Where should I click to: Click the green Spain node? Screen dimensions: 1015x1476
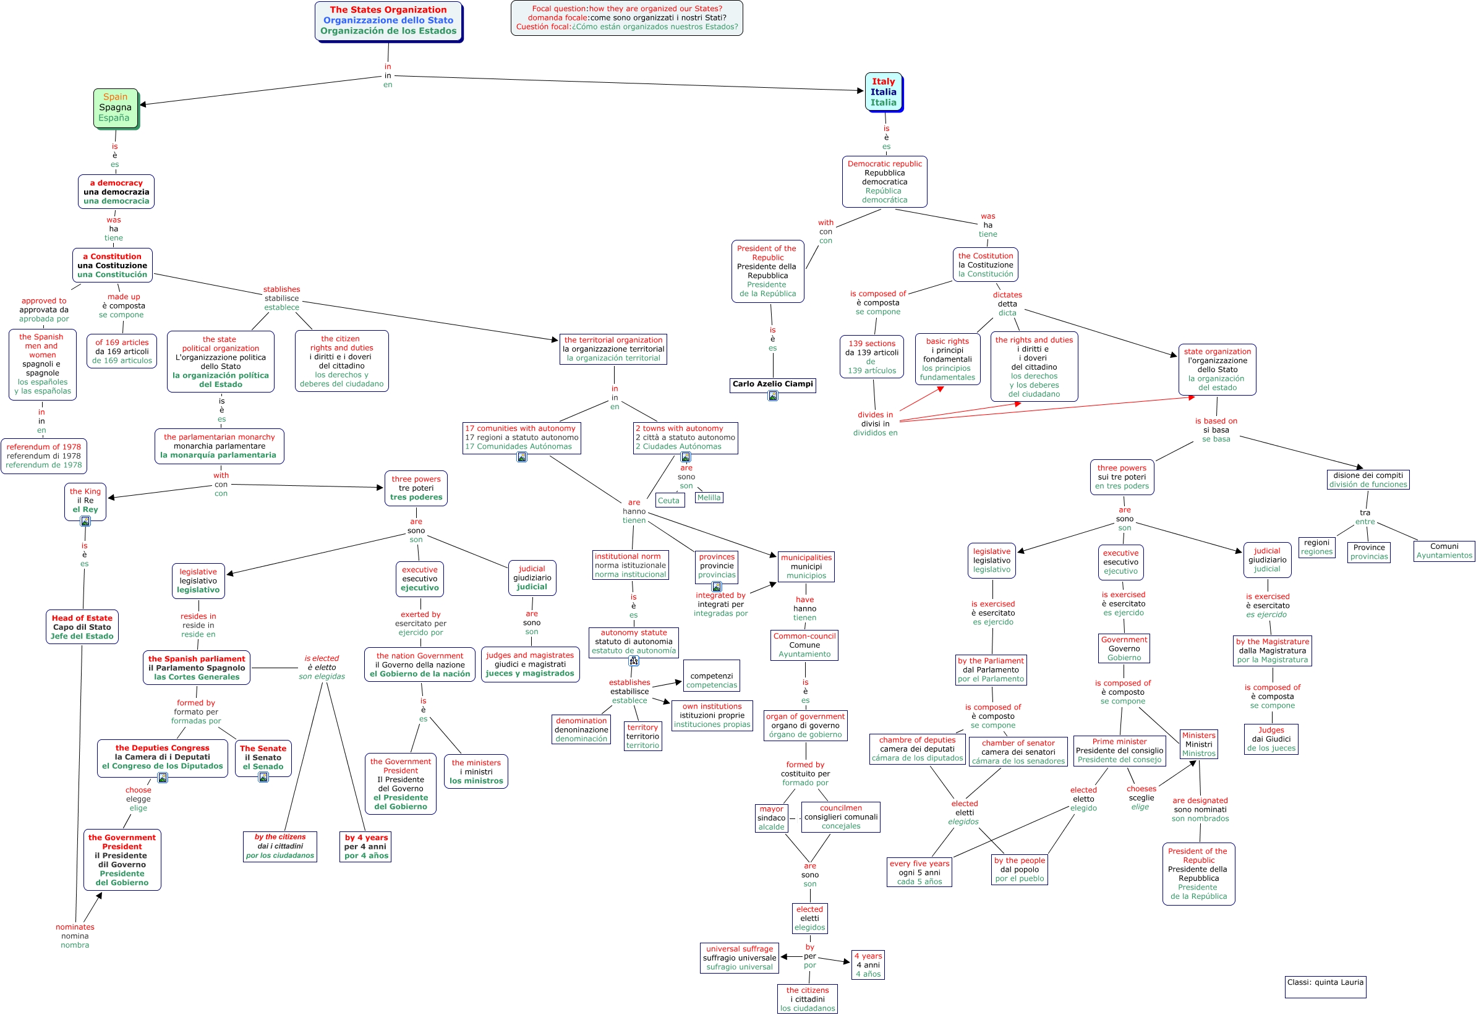tap(115, 108)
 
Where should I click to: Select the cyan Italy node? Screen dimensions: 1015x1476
tap(883, 92)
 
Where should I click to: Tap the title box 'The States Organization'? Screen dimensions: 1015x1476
tap(388, 21)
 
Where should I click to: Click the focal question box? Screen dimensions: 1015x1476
tap(626, 18)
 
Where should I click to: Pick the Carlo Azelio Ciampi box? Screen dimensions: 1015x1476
tap(772, 384)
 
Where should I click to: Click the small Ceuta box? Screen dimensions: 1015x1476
tap(668, 501)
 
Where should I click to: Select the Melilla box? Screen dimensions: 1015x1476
tap(708, 498)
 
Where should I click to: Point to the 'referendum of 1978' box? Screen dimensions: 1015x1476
tap(44, 456)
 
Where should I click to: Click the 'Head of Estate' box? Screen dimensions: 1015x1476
tap(82, 627)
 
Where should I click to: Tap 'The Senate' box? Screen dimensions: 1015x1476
tap(263, 757)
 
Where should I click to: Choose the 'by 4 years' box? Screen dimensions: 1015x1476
tap(366, 846)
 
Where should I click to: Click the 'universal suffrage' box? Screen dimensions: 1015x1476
tap(740, 958)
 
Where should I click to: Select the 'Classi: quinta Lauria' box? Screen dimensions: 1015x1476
tap(1325, 987)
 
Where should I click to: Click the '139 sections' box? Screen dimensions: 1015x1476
tap(872, 357)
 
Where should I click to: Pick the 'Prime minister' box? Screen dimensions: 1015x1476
tap(1119, 750)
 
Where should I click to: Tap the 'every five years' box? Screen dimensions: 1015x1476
tap(919, 873)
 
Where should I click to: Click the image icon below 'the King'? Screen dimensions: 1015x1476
tap(85, 522)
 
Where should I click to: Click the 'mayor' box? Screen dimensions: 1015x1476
tap(771, 818)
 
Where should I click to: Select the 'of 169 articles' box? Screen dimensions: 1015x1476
tap(122, 352)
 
